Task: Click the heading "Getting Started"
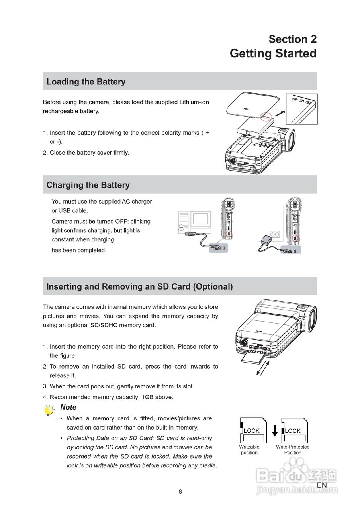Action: tap(273, 53)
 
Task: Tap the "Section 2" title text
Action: tap(292, 39)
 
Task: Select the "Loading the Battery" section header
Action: tap(86, 82)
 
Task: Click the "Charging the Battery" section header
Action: tap(88, 185)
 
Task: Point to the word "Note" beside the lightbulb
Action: tap(68, 407)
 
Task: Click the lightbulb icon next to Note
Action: tap(49, 410)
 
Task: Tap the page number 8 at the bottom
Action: tap(180, 492)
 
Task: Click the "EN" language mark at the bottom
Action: tap(322, 485)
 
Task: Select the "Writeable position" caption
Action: tap(249, 450)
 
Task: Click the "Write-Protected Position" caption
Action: tap(293, 450)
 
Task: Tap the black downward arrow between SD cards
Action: tap(274, 431)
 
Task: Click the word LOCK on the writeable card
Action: tap(252, 431)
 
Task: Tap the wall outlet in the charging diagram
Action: tap(275, 234)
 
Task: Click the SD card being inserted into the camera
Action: tap(252, 357)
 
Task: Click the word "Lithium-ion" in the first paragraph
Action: tap(194, 102)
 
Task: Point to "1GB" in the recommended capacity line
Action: tap(149, 397)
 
